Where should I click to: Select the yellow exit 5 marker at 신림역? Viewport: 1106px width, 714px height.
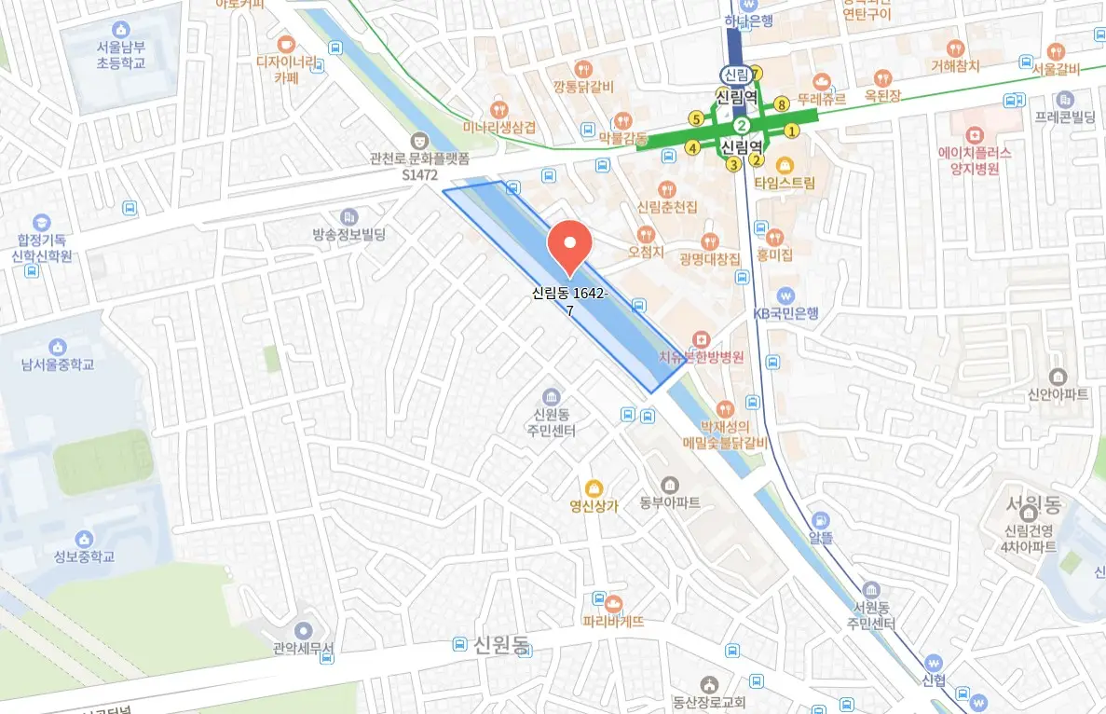[695, 118]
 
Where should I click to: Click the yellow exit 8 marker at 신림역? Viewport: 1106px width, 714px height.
[781, 103]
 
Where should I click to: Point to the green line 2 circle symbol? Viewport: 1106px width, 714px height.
[742, 126]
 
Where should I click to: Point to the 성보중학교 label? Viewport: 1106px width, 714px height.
[84, 556]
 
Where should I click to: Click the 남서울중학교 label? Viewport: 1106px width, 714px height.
[58, 364]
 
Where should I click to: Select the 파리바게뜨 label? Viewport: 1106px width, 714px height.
[613, 620]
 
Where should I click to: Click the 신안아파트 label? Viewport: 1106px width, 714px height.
[1056, 394]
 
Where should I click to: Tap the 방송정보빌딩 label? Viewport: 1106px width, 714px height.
[349, 235]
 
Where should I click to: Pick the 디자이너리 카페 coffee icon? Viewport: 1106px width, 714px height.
[285, 43]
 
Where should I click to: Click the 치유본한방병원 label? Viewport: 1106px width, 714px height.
[701, 356]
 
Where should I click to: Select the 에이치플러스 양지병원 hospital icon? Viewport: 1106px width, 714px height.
[976, 135]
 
